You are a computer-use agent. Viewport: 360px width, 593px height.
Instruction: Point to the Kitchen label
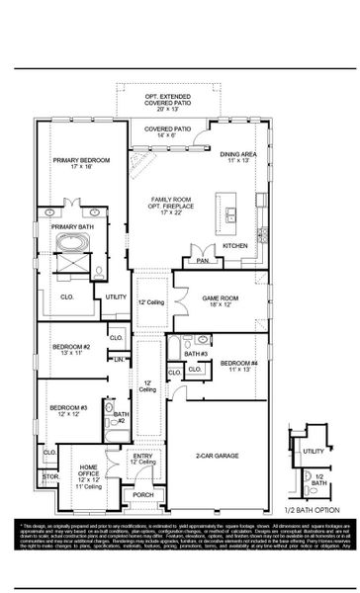tap(234, 245)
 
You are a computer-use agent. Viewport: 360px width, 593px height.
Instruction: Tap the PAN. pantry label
tap(203, 261)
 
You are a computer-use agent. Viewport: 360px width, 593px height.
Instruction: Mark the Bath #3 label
tap(196, 353)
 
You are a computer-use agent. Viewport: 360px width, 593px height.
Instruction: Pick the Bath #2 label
tap(119, 417)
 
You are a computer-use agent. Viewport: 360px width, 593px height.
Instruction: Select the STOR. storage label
tap(50, 476)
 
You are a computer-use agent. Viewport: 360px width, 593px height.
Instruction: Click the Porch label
tap(143, 494)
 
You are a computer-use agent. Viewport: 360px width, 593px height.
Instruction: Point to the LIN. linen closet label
tap(119, 359)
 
